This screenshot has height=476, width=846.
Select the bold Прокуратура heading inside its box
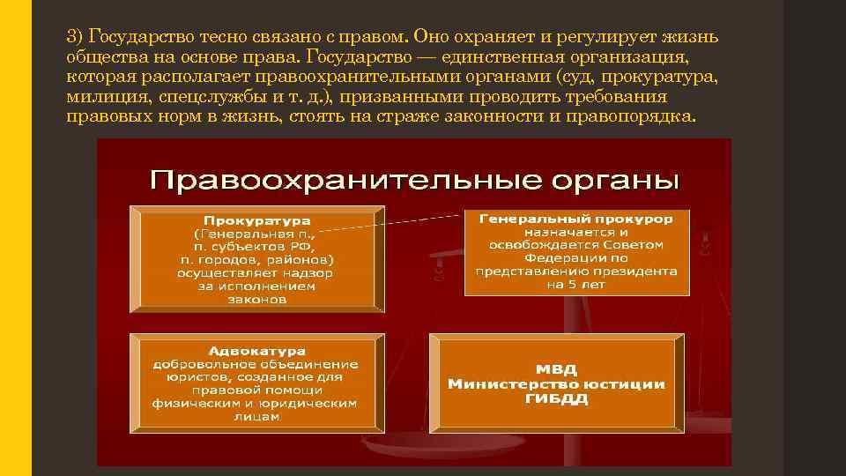pos(256,219)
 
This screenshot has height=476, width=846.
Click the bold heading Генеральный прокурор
pos(576,218)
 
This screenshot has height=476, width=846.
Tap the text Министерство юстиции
pos(556,383)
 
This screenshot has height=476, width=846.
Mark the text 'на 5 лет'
pos(576,285)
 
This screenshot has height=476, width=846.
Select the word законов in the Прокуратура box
pos(256,299)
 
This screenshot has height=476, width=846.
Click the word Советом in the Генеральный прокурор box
pos(637,244)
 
